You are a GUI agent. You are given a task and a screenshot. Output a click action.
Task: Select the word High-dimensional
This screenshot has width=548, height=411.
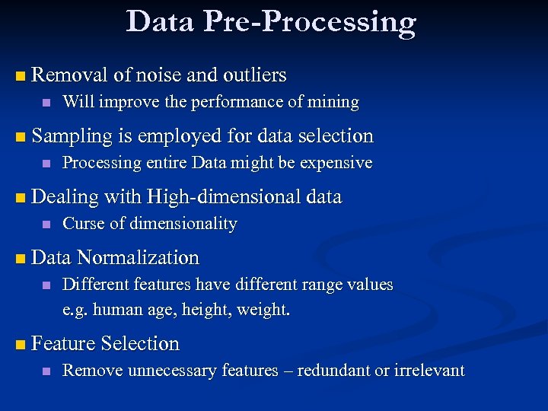(224, 197)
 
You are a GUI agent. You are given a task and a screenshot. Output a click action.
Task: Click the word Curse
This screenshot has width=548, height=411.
(82, 224)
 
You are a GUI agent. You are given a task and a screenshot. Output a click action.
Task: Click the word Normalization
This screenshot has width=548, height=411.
(138, 258)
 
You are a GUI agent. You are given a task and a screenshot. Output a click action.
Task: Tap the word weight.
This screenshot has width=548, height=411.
(264, 311)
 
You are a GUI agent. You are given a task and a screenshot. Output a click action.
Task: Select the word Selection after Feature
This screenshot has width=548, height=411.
(140, 344)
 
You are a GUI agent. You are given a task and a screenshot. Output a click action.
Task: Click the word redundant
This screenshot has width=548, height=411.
(330, 371)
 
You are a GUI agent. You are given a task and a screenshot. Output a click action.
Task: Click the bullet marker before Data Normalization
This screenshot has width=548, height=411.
(20, 259)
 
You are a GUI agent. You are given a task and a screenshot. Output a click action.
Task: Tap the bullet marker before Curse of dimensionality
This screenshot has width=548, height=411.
(46, 225)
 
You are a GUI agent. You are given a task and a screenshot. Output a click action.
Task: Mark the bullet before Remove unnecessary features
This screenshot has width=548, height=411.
(46, 371)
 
